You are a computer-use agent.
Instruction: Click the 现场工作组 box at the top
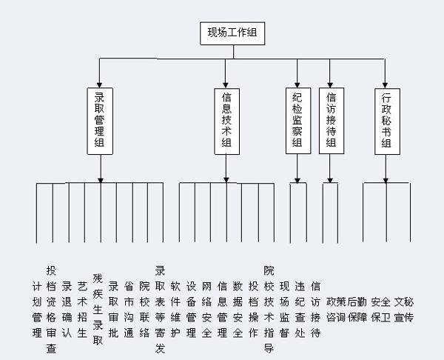[x=232, y=33]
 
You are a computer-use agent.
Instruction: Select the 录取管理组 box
[x=100, y=121]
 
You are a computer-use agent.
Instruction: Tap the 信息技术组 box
[x=227, y=121]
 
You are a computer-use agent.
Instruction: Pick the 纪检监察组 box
[x=298, y=121]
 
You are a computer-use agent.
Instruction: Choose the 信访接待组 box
[x=332, y=121]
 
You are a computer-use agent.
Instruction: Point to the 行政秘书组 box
[x=387, y=121]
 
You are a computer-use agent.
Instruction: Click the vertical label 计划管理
[x=37, y=310]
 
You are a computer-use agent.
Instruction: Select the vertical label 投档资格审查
[x=51, y=310]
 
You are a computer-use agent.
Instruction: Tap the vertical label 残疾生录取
[x=98, y=310]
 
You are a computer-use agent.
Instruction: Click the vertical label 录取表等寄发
[x=160, y=310]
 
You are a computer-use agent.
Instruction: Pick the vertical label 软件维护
[x=175, y=310]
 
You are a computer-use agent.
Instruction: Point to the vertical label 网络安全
[x=206, y=310]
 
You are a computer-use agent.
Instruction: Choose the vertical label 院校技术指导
[x=269, y=310]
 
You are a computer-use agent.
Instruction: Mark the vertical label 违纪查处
[x=300, y=310]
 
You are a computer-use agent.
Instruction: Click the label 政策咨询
[x=336, y=310]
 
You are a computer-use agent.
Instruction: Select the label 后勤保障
[x=357, y=310]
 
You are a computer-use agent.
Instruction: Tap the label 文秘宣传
[x=404, y=310]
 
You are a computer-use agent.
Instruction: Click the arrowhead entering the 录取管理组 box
[x=99, y=85]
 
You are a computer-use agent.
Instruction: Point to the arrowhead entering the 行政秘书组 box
[x=385, y=85]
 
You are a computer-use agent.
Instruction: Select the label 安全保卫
[x=381, y=310]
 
